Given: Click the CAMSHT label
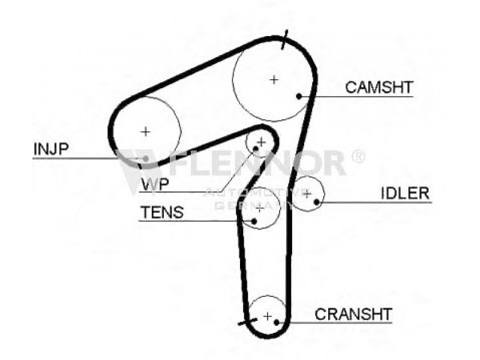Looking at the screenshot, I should [379, 87].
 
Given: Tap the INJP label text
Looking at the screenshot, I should [51, 149].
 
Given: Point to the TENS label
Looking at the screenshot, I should [162, 212].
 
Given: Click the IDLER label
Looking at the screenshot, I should [405, 193].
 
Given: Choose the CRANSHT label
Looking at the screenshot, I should [353, 313].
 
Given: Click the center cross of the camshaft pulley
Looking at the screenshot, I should [274, 79].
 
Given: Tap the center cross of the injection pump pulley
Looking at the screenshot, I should [145, 131].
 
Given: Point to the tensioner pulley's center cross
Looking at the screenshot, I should [259, 208].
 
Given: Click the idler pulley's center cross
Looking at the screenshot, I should [307, 193].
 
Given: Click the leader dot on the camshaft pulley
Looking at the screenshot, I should [299, 96].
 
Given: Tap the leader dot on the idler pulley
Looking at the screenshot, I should [316, 202].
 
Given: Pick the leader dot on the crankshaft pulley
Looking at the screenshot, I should [277, 322].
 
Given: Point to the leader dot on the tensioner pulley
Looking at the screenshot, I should [254, 220].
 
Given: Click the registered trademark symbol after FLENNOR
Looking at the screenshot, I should [358, 157].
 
